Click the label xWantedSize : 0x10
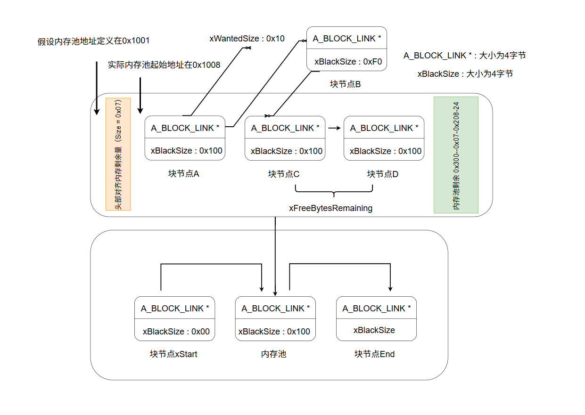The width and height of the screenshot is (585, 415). coord(247,39)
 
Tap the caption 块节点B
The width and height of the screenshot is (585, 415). coord(345,84)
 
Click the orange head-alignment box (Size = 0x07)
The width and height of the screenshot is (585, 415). coord(118,154)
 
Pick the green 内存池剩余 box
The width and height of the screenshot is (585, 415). coord(456,155)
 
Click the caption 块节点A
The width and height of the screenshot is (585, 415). coord(183,174)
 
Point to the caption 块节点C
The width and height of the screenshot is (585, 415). coord(284,174)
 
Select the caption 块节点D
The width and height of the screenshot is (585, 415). coord(383,174)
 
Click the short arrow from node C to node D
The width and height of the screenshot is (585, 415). coord(334,128)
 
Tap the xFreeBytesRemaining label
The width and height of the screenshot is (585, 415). coord(330,208)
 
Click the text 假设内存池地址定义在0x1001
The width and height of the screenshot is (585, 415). coord(94,41)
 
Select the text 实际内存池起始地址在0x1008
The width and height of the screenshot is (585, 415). coord(164,65)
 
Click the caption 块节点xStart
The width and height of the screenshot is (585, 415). coord(173,354)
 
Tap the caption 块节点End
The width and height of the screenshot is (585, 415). coord(374,354)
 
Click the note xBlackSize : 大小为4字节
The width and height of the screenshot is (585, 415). coord(465,74)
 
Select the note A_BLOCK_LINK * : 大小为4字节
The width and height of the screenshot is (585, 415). coord(464,56)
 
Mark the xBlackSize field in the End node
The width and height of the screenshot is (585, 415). coord(374,330)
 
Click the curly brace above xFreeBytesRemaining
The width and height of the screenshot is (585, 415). coord(334,191)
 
